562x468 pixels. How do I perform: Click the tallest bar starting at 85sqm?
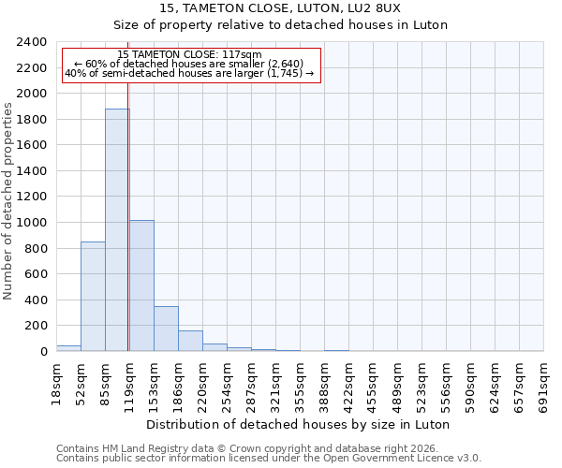[x=117, y=230]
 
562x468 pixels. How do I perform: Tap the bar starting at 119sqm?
[x=141, y=285]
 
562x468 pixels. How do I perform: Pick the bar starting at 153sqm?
[x=166, y=329]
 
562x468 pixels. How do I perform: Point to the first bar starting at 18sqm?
[x=68, y=348]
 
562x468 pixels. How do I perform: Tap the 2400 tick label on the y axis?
[x=32, y=42]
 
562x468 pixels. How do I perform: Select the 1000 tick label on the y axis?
[x=32, y=223]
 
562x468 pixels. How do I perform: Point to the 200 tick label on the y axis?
[x=36, y=326]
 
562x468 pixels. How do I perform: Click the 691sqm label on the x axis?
[x=543, y=387]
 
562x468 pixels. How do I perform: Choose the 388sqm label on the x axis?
[x=324, y=387]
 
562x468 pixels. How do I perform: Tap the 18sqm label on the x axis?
[x=56, y=384]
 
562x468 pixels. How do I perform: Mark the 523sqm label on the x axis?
[x=421, y=387]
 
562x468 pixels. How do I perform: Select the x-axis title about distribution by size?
[x=300, y=424]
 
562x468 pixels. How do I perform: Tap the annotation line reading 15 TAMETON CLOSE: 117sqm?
[x=190, y=55]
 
